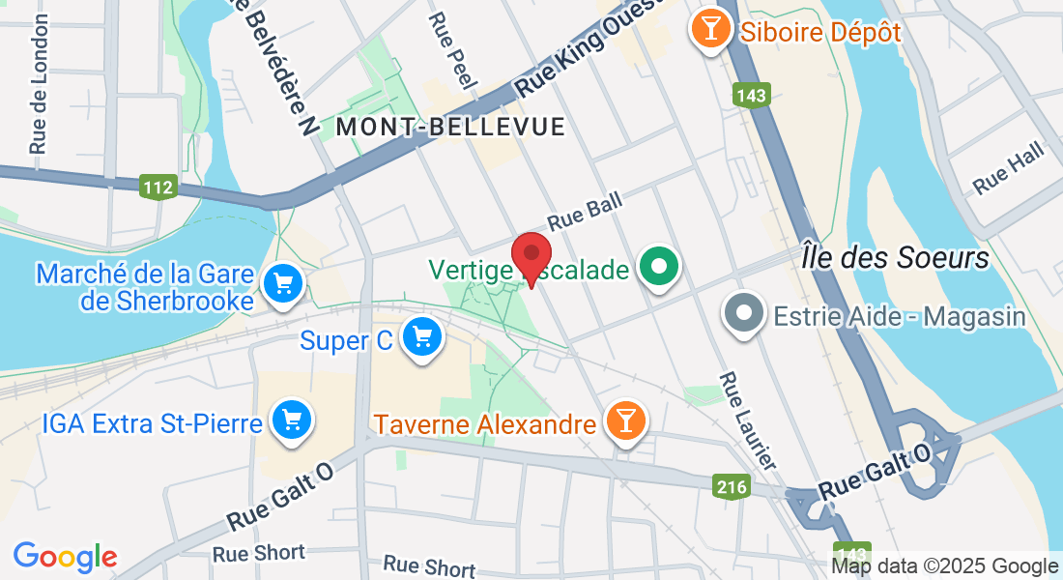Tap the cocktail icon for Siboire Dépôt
pos(711,30)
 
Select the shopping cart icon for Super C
pos(422,337)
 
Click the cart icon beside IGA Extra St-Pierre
pos(292,420)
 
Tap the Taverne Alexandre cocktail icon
pos(625,420)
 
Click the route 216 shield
pos(732,486)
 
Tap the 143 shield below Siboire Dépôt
pos(750,95)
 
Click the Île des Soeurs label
pos(895,258)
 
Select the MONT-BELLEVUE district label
pos(450,127)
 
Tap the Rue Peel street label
pos(451,52)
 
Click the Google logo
pos(65,557)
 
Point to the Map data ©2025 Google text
pos(945,566)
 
